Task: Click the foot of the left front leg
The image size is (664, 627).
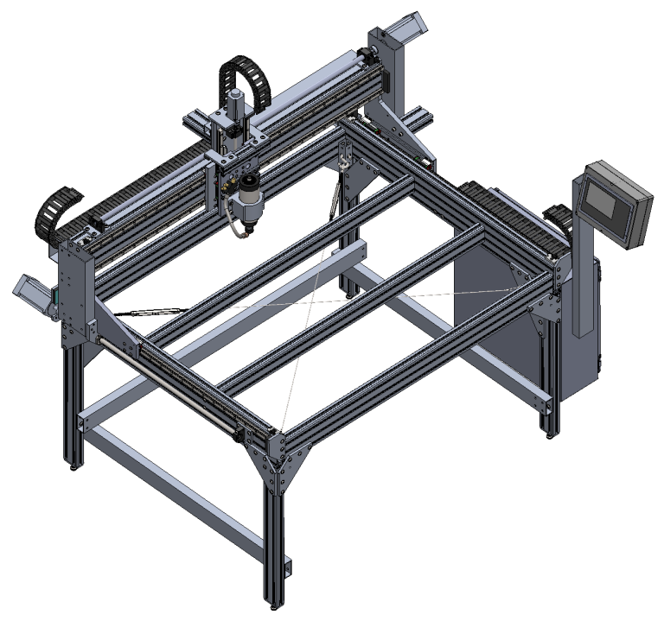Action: coord(77,464)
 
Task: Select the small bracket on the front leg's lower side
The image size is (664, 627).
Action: coord(289,567)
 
